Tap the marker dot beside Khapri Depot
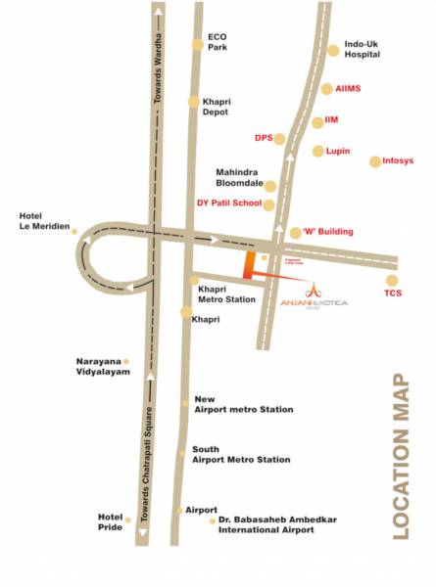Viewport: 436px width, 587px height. (194, 101)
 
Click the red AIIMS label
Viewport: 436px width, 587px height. (348, 88)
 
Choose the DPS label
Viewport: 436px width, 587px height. (263, 138)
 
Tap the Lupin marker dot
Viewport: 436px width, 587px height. (317, 152)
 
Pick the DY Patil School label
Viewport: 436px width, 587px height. (229, 203)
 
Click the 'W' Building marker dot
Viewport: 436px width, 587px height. (296, 233)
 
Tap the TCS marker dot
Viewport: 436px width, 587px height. (392, 281)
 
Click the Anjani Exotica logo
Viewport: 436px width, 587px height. (326, 295)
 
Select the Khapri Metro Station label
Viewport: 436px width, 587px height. (227, 294)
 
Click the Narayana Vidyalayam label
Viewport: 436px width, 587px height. (103, 367)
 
